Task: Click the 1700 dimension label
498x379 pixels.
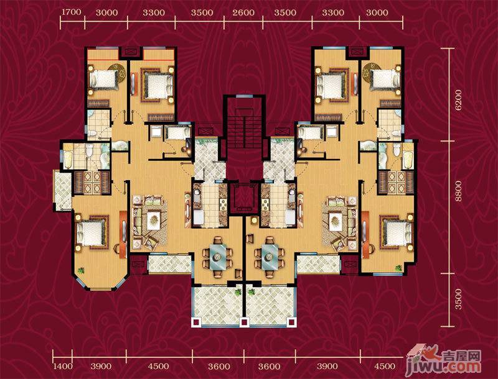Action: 72,12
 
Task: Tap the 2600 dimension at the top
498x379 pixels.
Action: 243,12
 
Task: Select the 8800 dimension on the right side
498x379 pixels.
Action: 458,191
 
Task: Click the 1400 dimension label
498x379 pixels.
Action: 63,367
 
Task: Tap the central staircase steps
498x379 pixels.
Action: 244,131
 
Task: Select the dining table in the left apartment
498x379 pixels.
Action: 218,257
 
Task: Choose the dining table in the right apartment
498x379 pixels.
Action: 270,257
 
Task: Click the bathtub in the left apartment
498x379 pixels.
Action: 68,160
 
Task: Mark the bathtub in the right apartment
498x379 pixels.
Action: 408,160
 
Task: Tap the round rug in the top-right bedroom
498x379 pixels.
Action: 371,71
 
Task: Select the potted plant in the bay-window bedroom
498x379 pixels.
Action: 82,271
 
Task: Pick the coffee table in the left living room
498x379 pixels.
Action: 154,218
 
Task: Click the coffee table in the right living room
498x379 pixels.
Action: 336,218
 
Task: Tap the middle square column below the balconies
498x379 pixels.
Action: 244,322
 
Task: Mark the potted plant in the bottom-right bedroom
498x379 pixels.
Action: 398,268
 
